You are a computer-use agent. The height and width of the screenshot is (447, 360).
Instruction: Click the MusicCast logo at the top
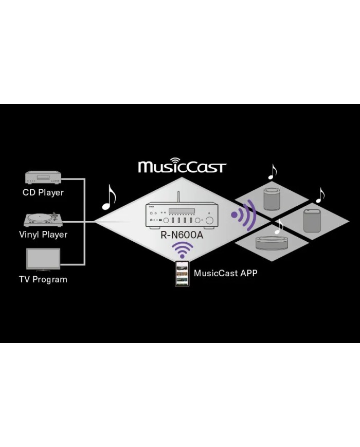click(x=182, y=166)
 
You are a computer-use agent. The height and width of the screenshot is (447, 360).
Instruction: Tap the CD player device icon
click(x=43, y=178)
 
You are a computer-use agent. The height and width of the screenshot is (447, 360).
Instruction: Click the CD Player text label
click(x=43, y=192)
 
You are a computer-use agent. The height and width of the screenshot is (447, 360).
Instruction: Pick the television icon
click(x=43, y=260)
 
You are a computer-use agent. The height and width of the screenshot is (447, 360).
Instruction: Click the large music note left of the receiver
click(x=109, y=198)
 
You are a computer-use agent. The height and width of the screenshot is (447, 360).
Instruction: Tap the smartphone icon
click(x=182, y=273)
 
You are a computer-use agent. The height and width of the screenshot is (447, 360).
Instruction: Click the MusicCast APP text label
click(x=225, y=273)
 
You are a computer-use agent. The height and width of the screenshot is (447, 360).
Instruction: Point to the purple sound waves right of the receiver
click(x=244, y=215)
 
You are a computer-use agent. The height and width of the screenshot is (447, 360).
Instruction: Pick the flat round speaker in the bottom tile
click(x=272, y=242)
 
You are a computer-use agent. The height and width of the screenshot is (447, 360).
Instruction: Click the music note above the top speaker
click(x=272, y=171)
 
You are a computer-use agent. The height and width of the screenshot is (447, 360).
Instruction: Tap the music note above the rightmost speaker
click(x=320, y=194)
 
